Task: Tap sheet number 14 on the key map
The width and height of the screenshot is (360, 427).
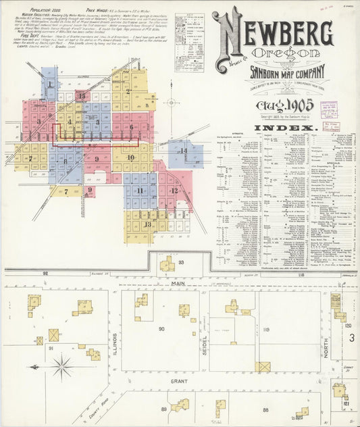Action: coord(182,151)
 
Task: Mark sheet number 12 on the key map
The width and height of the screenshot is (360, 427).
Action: coord(174,191)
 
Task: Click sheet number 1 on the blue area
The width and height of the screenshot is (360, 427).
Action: coord(49,84)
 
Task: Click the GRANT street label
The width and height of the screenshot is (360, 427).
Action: coord(178,380)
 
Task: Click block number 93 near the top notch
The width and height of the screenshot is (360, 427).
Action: coord(181,261)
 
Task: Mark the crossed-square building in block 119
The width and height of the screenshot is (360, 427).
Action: coord(263,367)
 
